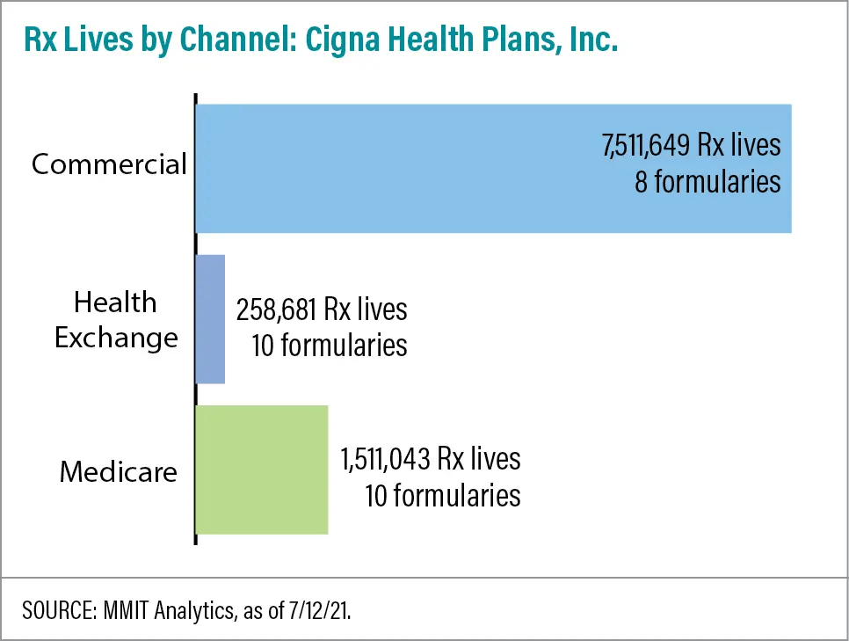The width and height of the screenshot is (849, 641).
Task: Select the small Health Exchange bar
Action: [x=210, y=319]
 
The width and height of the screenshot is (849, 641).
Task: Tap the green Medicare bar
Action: [x=262, y=470]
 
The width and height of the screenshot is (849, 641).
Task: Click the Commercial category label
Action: [x=109, y=164]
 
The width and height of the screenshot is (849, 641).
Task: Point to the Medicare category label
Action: [x=119, y=472]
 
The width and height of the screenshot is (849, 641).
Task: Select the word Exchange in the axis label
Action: [x=116, y=338]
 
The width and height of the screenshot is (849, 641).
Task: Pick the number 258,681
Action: [x=277, y=310]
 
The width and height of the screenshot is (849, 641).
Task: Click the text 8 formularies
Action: [x=706, y=181]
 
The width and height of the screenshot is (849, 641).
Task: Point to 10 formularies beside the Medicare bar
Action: [x=442, y=495]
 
